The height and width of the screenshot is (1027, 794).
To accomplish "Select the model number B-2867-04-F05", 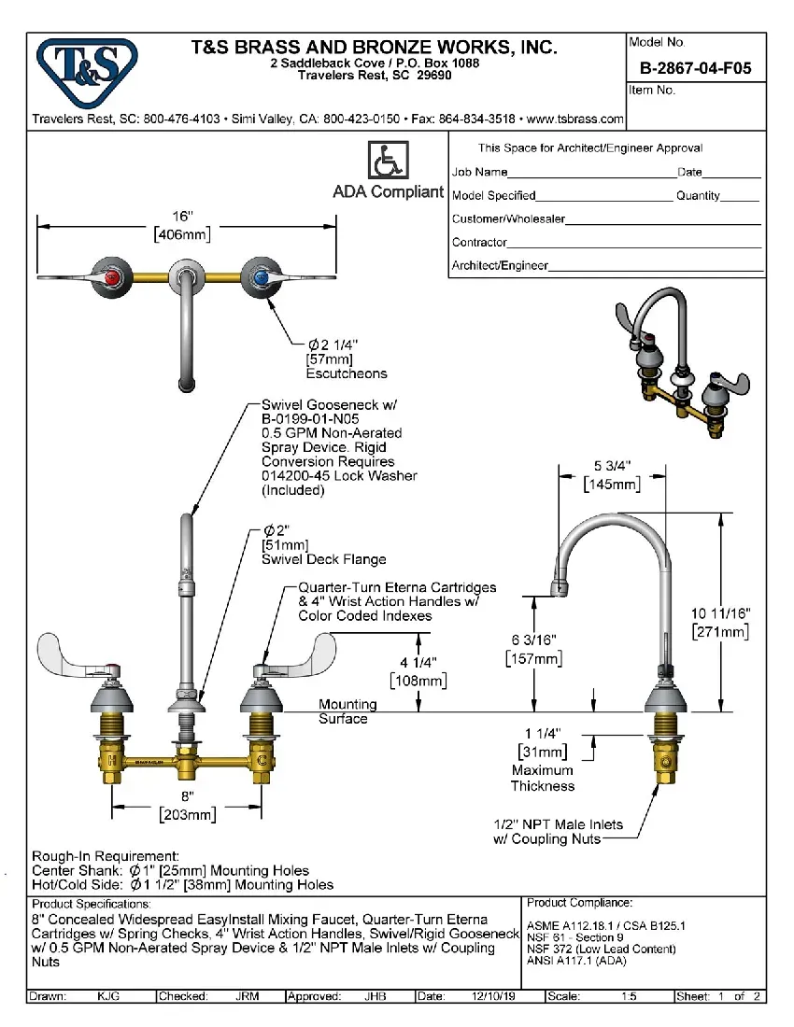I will (695, 68).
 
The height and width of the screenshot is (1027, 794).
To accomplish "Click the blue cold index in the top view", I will (261, 277).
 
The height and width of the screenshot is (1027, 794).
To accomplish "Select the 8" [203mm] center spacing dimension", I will (187, 805).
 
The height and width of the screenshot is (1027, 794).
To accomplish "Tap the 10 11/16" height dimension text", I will (720, 623).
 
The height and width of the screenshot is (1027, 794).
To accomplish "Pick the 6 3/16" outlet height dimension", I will (535, 649).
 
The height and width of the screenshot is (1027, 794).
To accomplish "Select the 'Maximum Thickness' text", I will (543, 778).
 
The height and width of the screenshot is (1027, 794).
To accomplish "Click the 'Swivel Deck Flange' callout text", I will (323, 559).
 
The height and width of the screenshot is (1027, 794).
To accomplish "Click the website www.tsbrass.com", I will (575, 120).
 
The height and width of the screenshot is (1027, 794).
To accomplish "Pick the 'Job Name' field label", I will (480, 173).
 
